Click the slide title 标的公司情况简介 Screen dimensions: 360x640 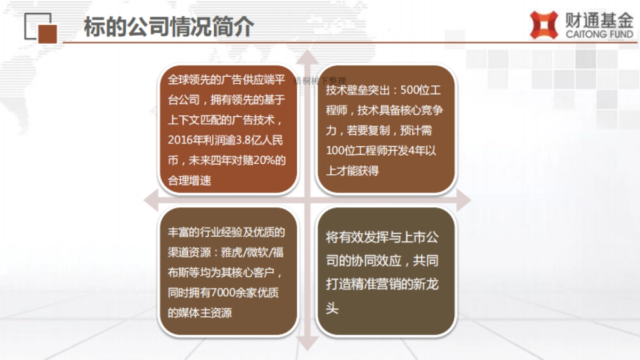pyautogui.click(x=169, y=27)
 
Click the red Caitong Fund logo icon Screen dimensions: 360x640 pyautogui.click(x=543, y=25)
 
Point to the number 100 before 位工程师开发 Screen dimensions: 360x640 pyautogui.click(x=335, y=151)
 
